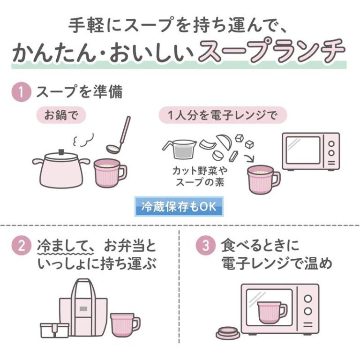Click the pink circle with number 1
(x=21, y=92)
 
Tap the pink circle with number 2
(x=21, y=246)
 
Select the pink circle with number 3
(x=205, y=246)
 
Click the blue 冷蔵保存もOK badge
(x=179, y=206)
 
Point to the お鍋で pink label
(x=61, y=115)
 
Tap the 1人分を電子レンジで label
(x=223, y=115)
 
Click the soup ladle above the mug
(x=119, y=135)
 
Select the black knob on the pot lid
(x=61, y=152)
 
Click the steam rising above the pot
(x=83, y=140)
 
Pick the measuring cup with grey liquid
(x=180, y=149)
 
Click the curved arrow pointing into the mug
(x=250, y=158)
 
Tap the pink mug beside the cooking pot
(x=110, y=173)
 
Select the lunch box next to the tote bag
(x=55, y=330)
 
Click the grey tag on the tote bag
(x=83, y=309)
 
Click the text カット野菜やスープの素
(x=200, y=177)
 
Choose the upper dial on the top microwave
(x=331, y=144)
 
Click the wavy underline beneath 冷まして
(x=65, y=253)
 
